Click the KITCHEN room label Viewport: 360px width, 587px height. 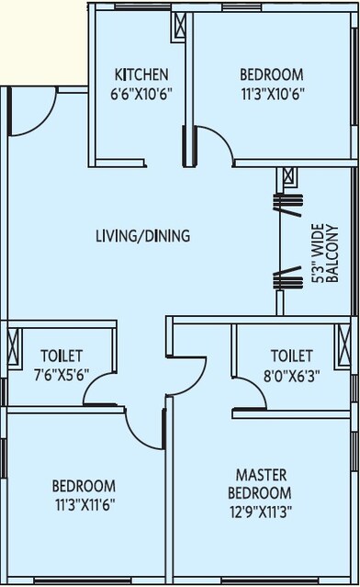141,74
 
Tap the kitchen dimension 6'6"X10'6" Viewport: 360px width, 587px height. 141,93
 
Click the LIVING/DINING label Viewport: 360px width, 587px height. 142,236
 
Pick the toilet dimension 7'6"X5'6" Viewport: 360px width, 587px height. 62,374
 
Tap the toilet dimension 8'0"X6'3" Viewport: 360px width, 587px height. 291,374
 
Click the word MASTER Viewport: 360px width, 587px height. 262,475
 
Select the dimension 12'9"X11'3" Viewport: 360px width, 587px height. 262,512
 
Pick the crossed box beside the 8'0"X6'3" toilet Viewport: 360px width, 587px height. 345,347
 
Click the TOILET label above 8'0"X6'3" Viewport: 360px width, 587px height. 291,356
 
